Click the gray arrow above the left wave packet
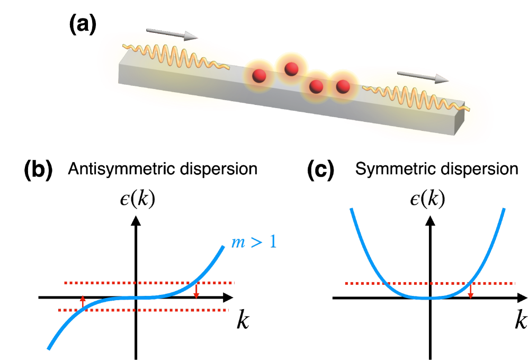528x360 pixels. pos(171,34)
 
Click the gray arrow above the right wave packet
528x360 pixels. pos(422,77)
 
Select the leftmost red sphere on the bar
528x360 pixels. pos(259,76)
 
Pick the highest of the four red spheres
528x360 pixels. pos(291,68)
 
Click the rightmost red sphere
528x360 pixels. pos(343,86)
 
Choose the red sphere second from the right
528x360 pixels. pos(316,86)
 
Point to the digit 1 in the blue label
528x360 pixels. pos(271,241)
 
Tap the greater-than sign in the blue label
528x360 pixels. pos(255,242)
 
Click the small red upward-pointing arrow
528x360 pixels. pos(83,301)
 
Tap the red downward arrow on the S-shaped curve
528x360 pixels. pos(196,292)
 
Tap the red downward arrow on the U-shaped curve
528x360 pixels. pos(470,292)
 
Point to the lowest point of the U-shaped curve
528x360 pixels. pos(428,298)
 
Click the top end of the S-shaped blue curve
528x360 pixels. pos(223,247)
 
